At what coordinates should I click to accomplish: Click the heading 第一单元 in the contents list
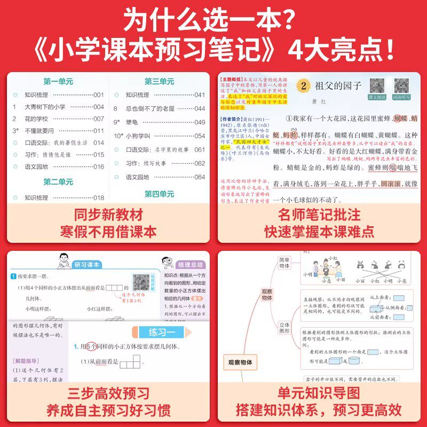[x=58, y=82]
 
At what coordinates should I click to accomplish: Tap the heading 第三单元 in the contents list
[x=159, y=82]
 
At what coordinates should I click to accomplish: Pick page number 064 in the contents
[x=199, y=177]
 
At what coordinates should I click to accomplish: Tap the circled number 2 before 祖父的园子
[x=303, y=85]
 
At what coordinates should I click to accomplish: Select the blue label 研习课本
[x=87, y=264]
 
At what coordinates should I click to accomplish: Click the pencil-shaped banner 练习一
[x=159, y=333]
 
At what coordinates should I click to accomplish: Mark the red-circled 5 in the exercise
[x=91, y=347]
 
